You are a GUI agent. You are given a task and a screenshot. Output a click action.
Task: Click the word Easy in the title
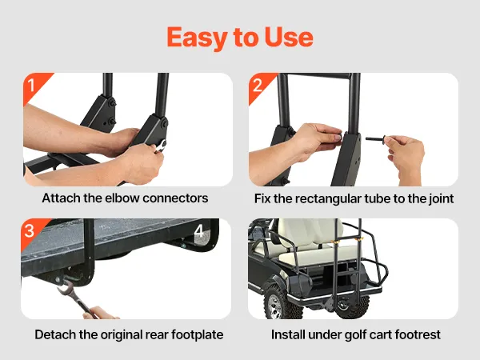coord(197,38)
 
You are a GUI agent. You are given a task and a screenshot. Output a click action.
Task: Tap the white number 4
coord(199,231)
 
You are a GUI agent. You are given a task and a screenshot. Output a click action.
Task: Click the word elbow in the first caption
coord(122,198)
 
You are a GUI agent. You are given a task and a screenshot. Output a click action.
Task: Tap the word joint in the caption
coord(441,198)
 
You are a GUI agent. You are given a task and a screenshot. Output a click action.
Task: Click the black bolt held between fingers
coord(376,139)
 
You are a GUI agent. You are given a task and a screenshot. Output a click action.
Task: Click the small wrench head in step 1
coord(162,146)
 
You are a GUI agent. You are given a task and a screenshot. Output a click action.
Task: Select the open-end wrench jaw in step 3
coord(63,287)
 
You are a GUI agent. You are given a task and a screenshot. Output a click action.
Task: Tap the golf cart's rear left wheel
coord(278,302)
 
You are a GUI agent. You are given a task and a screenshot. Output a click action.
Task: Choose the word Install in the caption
coord(288,334)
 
